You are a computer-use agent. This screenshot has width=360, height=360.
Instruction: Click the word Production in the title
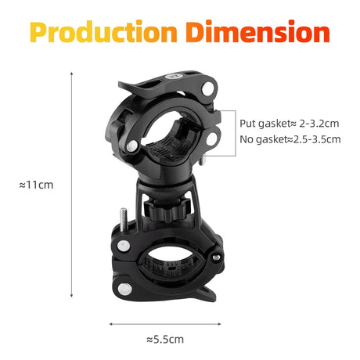[x=104, y=32]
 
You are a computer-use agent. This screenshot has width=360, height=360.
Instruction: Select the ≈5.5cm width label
[x=166, y=339]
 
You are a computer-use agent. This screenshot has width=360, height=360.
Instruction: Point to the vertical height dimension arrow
[x=72, y=185]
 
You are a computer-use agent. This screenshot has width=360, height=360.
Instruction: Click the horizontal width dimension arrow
[x=165, y=321]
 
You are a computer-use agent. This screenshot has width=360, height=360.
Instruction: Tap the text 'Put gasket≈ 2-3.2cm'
[x=289, y=124]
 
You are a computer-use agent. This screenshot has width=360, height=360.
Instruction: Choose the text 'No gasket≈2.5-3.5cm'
[x=290, y=140]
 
